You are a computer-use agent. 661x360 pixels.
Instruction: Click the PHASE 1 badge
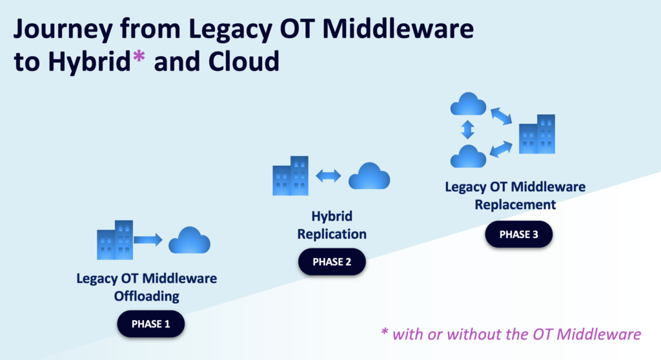(x=150, y=324)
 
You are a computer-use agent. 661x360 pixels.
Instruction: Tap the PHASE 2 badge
(x=332, y=262)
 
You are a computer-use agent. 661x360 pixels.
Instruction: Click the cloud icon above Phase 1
(x=190, y=241)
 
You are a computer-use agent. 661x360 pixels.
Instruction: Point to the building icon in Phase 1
(x=115, y=239)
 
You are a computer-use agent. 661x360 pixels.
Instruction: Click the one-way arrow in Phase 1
(x=148, y=240)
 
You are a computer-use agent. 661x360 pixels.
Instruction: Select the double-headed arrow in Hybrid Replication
(x=328, y=175)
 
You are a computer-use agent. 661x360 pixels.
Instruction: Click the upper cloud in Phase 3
(x=468, y=105)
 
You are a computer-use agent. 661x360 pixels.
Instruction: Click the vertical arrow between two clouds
(x=468, y=130)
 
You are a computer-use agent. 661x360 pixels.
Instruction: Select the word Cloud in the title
(x=245, y=61)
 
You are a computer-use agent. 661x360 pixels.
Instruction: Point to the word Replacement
(x=514, y=205)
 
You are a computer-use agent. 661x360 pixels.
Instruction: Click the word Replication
(x=332, y=234)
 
